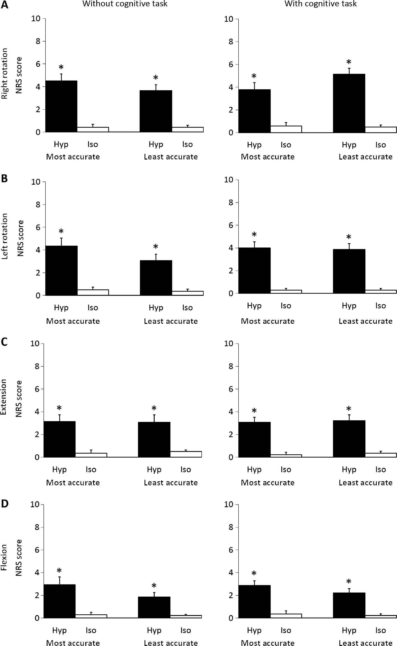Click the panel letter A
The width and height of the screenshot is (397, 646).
pos(5,5)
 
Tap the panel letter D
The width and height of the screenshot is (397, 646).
pos(5,504)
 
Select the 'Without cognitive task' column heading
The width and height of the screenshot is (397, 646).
pos(125,4)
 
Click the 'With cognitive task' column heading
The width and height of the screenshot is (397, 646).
pos(321,4)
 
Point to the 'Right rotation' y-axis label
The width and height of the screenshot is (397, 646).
pos(5,73)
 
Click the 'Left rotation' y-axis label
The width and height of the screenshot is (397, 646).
pos(5,236)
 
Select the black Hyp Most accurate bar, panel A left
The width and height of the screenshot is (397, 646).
pos(61,106)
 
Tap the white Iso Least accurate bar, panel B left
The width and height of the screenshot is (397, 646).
pos(187,293)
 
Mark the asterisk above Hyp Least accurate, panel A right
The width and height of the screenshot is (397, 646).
pos(349,63)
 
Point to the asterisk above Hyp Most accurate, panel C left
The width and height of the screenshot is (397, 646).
pos(59,408)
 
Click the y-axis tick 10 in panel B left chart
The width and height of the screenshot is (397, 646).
pos(36,182)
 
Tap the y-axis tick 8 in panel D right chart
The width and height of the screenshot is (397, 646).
pos(231,527)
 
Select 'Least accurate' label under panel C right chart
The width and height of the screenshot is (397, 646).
pos(365,483)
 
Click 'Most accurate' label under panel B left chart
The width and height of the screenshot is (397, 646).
pos(73,321)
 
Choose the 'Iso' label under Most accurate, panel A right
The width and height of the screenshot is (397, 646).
pos(286,145)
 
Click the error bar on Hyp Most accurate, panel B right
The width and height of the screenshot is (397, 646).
pos(254,244)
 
